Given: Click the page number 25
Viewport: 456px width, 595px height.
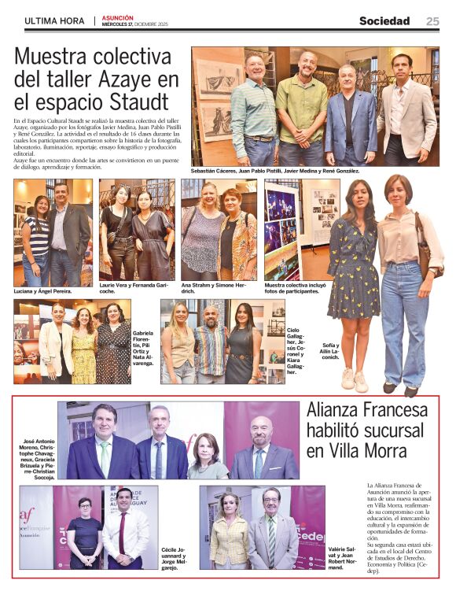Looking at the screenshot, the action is [432, 21].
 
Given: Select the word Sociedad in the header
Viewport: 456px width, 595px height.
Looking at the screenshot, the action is [384, 21].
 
